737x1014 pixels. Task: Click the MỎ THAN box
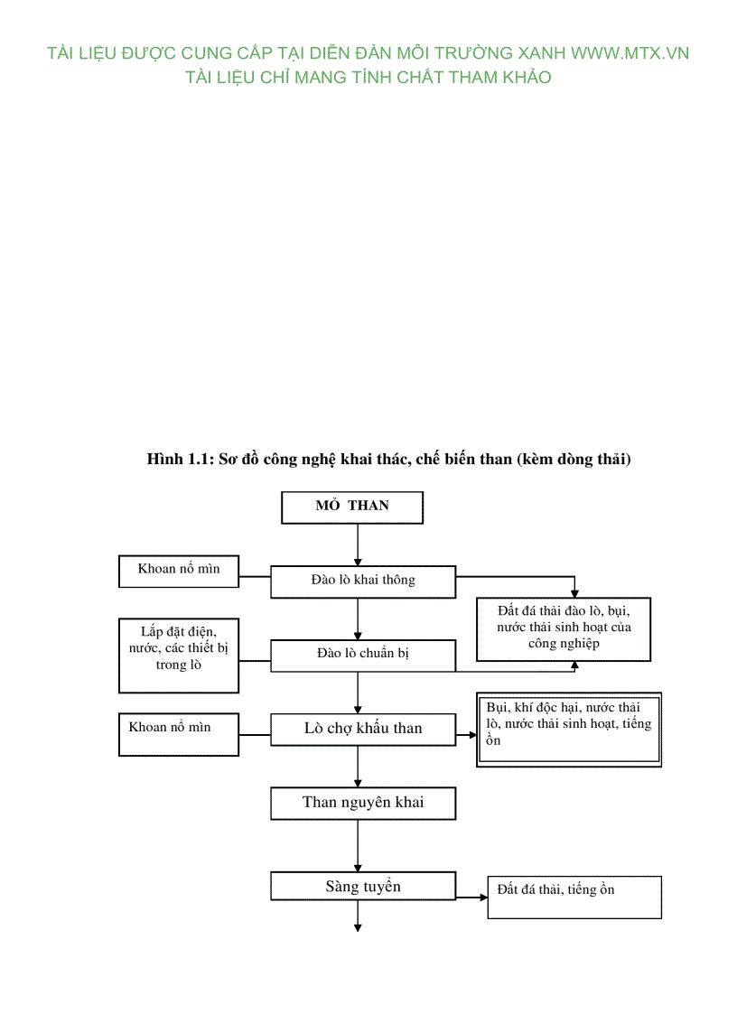352,507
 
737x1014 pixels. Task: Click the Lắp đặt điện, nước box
179,655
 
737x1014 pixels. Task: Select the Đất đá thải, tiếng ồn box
574,897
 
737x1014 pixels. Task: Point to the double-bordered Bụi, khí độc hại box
569,730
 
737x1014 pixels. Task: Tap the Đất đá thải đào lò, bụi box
564,628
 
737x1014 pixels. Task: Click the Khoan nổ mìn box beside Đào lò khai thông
179,571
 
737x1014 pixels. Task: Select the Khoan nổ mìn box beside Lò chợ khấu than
179,734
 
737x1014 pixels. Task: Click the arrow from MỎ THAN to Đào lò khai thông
359,544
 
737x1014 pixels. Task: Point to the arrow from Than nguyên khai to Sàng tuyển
359,845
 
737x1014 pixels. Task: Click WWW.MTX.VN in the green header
630,53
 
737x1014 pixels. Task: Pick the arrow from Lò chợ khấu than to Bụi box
466,735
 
